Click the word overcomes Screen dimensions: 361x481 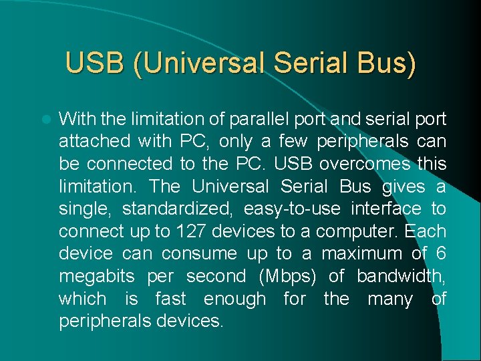coord(348,164)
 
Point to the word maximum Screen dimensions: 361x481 coord(361,254)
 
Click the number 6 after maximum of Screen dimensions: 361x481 coord(440,254)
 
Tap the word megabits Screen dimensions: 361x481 coord(96,276)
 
